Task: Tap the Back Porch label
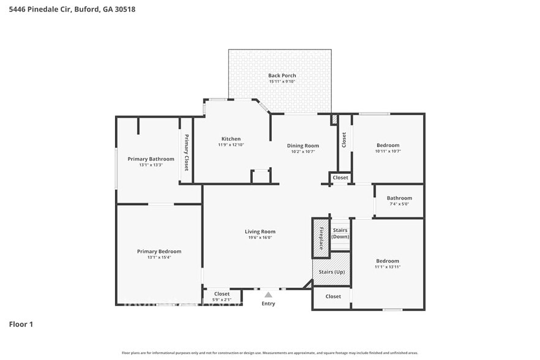(x=282, y=75)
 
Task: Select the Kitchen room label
(x=231, y=139)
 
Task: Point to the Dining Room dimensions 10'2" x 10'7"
(x=303, y=152)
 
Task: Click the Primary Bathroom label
(x=151, y=159)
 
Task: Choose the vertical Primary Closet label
(x=187, y=151)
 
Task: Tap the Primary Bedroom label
(x=159, y=252)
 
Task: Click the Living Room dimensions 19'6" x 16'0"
(x=260, y=238)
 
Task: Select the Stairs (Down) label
(x=340, y=233)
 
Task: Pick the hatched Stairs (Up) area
(x=331, y=271)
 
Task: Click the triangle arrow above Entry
(x=268, y=295)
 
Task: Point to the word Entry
(x=268, y=304)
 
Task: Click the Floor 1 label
(x=21, y=324)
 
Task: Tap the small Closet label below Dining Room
(x=340, y=178)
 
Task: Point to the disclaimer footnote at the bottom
(x=270, y=353)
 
